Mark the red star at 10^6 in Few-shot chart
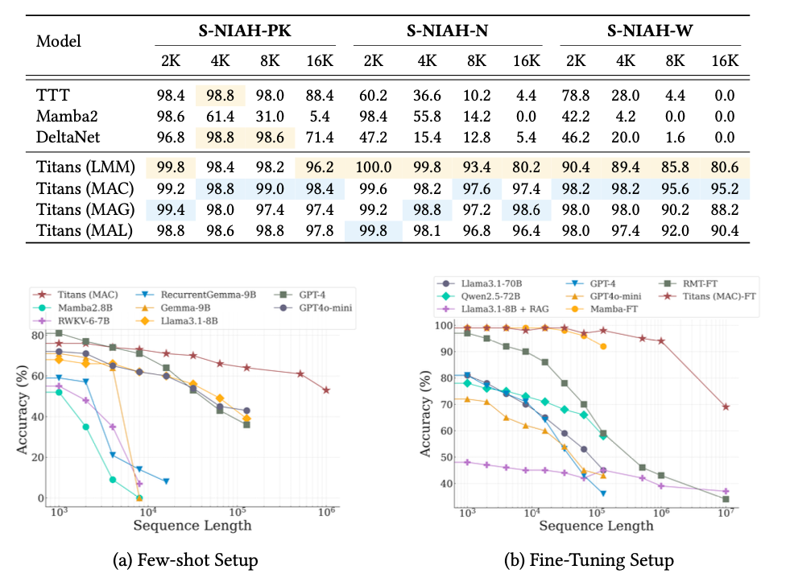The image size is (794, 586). click(x=326, y=390)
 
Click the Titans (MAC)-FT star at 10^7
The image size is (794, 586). click(x=726, y=406)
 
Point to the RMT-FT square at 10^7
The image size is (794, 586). click(x=726, y=499)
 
